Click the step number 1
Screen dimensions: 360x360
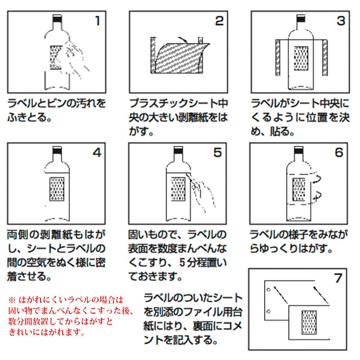[98, 21]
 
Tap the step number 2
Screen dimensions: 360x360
[219, 21]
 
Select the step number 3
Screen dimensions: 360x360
[341, 21]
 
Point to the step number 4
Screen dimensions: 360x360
[97, 153]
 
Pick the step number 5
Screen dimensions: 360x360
[218, 153]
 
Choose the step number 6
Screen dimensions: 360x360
[339, 153]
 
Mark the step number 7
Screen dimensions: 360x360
[338, 278]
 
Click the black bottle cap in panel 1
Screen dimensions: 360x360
[57, 19]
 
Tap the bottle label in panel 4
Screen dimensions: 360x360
[57, 189]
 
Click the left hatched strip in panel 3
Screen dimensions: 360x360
[278, 58]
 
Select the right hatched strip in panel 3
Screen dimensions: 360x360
[325, 58]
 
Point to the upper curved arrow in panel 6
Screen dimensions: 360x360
[317, 179]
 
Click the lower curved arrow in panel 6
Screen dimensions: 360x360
[318, 196]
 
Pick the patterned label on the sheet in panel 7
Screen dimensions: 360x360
[309, 322]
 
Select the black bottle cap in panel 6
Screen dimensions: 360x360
[298, 150]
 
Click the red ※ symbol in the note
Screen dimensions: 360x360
[12, 300]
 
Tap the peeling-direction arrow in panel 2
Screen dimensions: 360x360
[183, 40]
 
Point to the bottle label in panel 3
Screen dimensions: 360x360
[301, 58]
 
